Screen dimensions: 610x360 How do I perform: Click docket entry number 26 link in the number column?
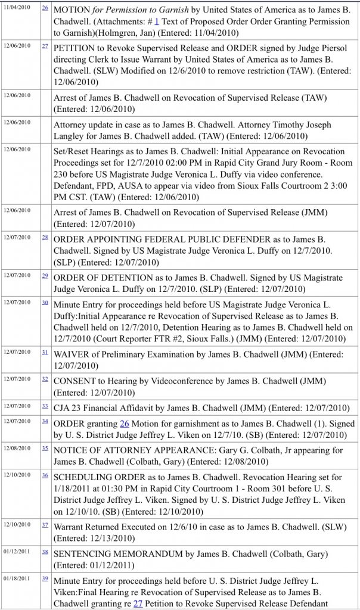[45, 8]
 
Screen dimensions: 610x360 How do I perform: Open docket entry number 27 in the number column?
[45, 45]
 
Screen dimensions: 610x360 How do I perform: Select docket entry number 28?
[45, 237]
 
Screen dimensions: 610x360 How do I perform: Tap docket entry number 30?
[45, 302]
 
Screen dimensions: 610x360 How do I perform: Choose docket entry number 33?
[45, 406]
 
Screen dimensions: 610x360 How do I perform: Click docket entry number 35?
[45, 447]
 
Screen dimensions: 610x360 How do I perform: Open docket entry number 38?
[45, 552]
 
